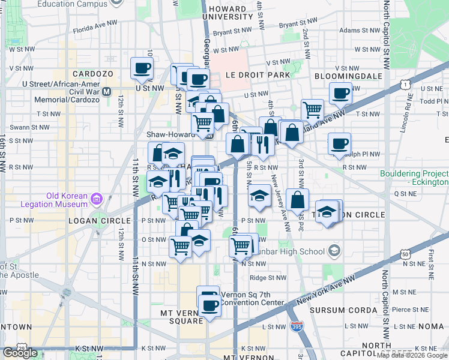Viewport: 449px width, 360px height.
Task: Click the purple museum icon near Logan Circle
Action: (96, 198)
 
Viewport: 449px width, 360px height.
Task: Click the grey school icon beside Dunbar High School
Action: (334, 251)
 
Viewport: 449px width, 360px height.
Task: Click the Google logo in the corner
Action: (20, 353)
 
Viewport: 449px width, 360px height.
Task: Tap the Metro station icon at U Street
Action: (107, 92)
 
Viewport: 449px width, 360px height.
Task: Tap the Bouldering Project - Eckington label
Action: (414, 178)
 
